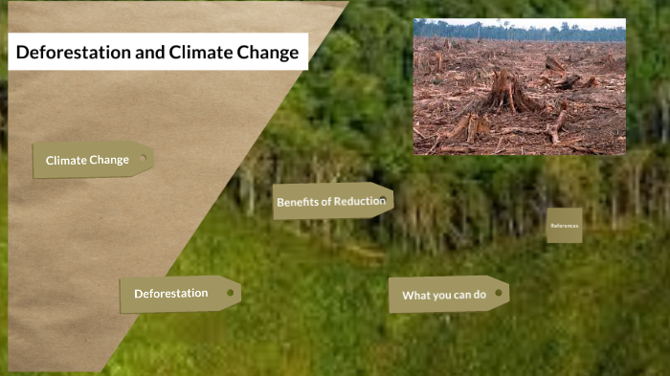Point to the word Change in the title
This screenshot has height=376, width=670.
point(263,53)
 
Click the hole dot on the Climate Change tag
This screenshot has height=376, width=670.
point(144,158)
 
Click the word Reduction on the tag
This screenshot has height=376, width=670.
point(359,201)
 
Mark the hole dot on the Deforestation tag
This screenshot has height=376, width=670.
point(230,293)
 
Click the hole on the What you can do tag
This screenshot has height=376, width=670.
point(498,293)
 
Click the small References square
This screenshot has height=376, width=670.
point(564,225)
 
